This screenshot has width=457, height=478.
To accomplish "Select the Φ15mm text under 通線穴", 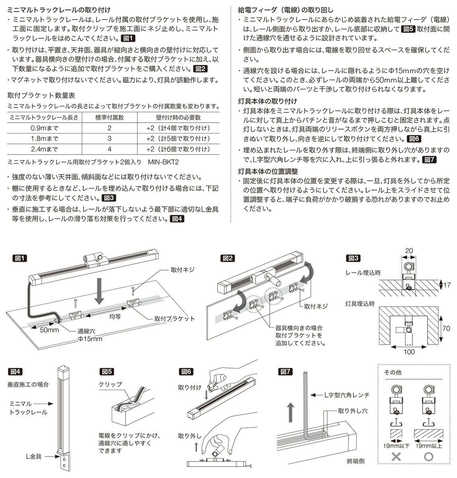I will (90, 339).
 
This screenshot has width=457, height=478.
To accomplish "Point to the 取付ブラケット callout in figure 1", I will (176, 319).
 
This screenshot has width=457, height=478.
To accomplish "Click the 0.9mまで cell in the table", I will (44, 128).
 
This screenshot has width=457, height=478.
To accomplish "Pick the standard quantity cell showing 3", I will (109, 139).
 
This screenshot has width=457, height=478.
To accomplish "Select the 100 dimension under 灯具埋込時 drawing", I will (409, 352).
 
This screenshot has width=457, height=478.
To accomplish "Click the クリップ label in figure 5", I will (110, 384).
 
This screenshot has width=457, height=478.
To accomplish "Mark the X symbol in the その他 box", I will (396, 457).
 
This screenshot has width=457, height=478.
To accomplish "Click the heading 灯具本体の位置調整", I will (268, 171).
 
